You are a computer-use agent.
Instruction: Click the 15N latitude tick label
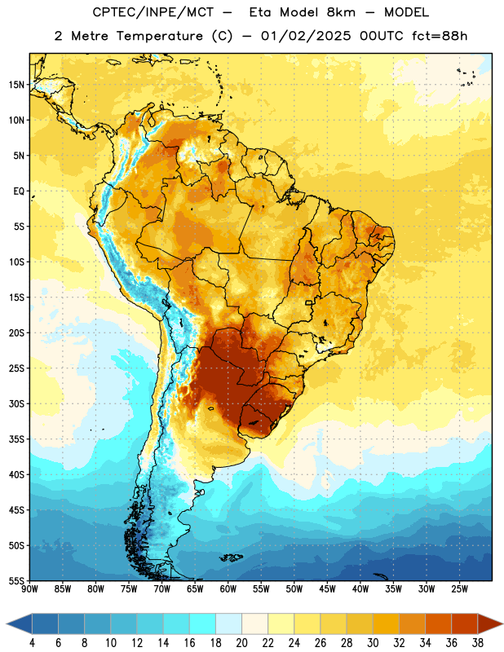pos(16,85)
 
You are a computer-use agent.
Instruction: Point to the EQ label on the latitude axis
pos(19,192)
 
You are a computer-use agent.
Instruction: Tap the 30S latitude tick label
pos(16,403)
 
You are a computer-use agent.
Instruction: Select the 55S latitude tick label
pos(16,581)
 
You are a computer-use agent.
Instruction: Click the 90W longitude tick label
pos(29,589)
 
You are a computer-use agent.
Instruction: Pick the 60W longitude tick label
pos(228,589)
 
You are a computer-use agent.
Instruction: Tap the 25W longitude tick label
pos(459,589)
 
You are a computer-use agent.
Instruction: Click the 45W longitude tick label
pos(327,589)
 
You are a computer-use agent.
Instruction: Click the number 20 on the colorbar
pos(241,643)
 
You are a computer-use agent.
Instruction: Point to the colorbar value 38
pos(477,643)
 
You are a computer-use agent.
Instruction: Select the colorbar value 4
pos(32,643)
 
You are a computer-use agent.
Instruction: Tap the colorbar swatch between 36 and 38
pos(465,623)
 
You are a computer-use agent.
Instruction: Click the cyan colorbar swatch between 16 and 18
pos(203,623)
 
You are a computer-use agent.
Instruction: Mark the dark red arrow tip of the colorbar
pos(502,623)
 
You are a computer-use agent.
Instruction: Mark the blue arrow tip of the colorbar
pos(7,623)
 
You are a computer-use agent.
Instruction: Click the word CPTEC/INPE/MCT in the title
pos(153,12)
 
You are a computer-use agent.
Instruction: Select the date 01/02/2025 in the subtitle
pos(306,36)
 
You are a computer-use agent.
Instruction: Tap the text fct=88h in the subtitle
pos(440,36)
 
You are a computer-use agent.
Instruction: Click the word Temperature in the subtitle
pos(159,36)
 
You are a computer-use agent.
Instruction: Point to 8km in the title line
pos(341,12)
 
